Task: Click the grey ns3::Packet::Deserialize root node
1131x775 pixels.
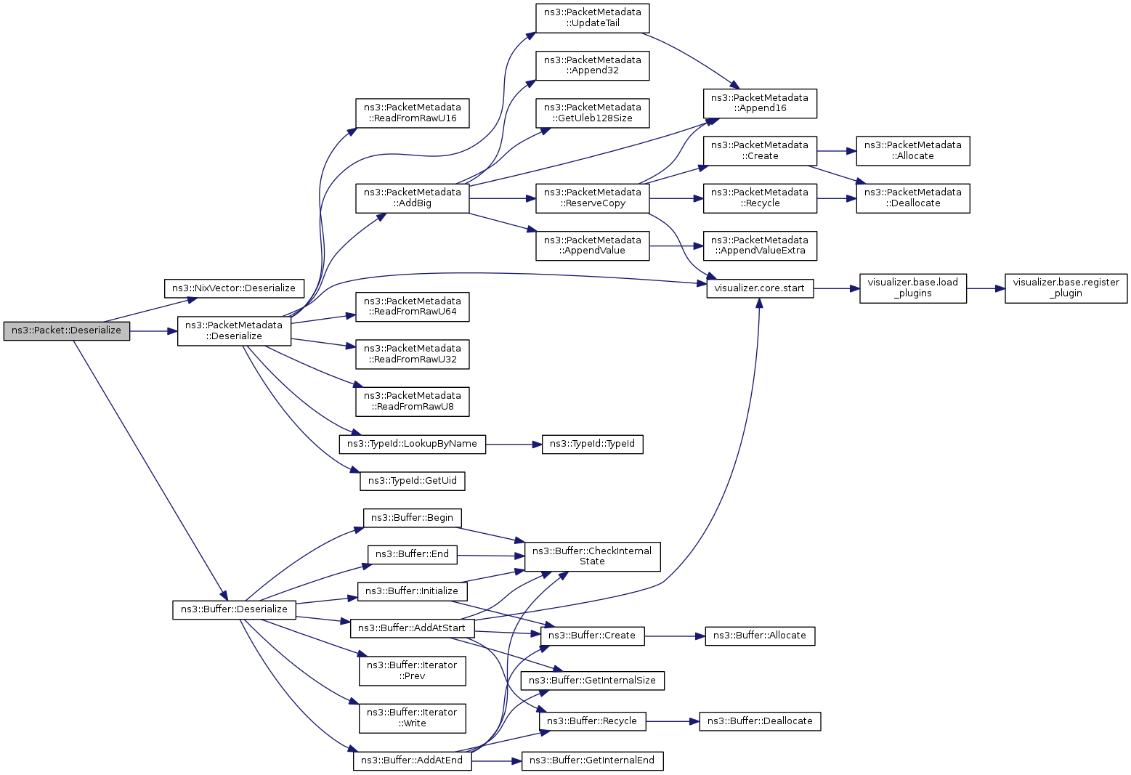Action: pos(67,331)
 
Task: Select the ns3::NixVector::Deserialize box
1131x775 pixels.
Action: pos(234,288)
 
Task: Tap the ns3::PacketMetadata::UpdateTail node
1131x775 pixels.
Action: pos(593,18)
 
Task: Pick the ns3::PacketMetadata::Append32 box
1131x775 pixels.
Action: pos(593,65)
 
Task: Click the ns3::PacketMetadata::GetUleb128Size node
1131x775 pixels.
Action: pos(593,113)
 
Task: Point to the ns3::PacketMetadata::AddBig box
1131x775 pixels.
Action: pos(412,198)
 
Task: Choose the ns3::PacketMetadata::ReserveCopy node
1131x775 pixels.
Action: pos(593,198)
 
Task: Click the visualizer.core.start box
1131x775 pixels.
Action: pos(760,288)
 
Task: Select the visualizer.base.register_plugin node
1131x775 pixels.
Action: pos(1066,288)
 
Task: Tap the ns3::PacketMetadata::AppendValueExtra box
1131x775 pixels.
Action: pos(760,246)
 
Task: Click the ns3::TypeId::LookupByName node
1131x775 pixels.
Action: pos(412,443)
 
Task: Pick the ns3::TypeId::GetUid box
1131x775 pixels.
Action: pos(412,480)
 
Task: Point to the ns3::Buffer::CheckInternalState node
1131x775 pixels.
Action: pos(593,556)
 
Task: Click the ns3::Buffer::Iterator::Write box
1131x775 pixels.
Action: pos(412,718)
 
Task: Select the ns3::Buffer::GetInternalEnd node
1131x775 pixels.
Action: pos(593,760)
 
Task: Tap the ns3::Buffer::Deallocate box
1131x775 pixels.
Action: pos(760,721)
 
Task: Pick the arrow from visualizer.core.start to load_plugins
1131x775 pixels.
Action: pos(836,288)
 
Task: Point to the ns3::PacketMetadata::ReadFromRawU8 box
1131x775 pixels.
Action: pos(412,401)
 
